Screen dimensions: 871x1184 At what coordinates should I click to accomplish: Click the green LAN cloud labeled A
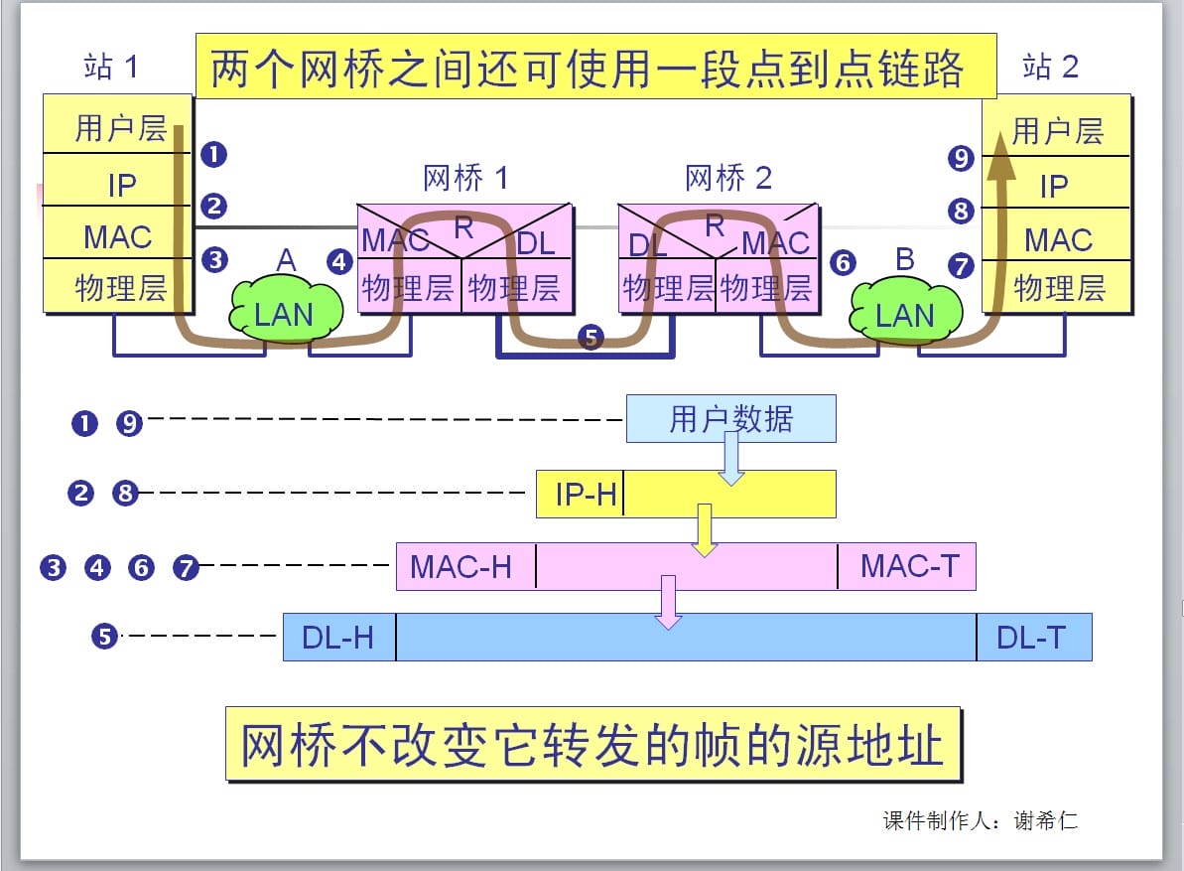[x=285, y=314]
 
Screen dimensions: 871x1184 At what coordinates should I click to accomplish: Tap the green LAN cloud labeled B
[x=905, y=314]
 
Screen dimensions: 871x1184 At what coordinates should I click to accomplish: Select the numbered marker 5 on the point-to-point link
[x=591, y=338]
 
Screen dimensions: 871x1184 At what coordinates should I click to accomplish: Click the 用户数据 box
[x=730, y=419]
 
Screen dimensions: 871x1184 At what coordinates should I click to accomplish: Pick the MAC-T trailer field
[x=908, y=567]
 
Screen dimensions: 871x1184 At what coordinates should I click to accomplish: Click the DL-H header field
[x=339, y=638]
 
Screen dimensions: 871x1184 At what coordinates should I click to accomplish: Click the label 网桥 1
[x=464, y=179]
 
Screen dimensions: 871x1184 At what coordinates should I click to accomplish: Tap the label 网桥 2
[x=727, y=179]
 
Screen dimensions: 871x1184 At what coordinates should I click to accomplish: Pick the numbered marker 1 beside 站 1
[x=213, y=154]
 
